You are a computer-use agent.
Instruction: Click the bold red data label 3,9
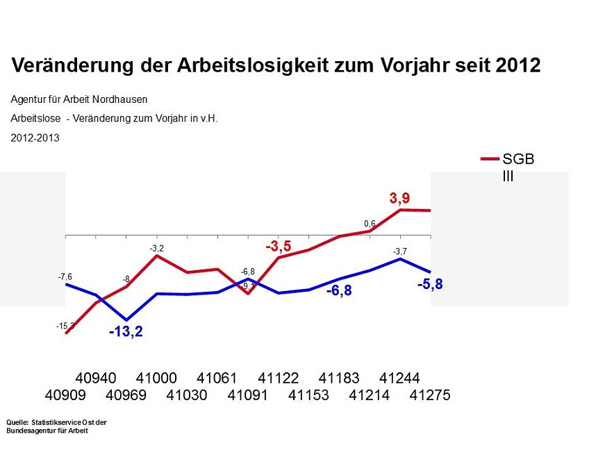tap(399, 199)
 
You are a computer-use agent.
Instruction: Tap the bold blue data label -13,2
tap(126, 332)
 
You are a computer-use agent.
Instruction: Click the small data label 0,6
tap(370, 224)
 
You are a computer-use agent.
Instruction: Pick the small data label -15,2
tap(66, 326)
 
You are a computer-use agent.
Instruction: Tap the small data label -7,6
tap(65, 276)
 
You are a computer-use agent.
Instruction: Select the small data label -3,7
tap(399, 251)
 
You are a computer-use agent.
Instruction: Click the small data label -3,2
tap(156, 248)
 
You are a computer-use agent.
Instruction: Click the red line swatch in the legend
tap(490, 159)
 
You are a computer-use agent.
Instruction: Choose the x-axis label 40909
tap(65, 395)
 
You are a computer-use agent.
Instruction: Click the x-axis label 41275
tap(430, 395)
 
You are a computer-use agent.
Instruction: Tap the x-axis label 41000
tap(156, 379)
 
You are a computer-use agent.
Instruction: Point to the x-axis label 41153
tap(308, 395)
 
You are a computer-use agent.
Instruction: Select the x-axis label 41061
tap(217, 379)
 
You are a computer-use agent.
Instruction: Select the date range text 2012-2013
tap(35, 138)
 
